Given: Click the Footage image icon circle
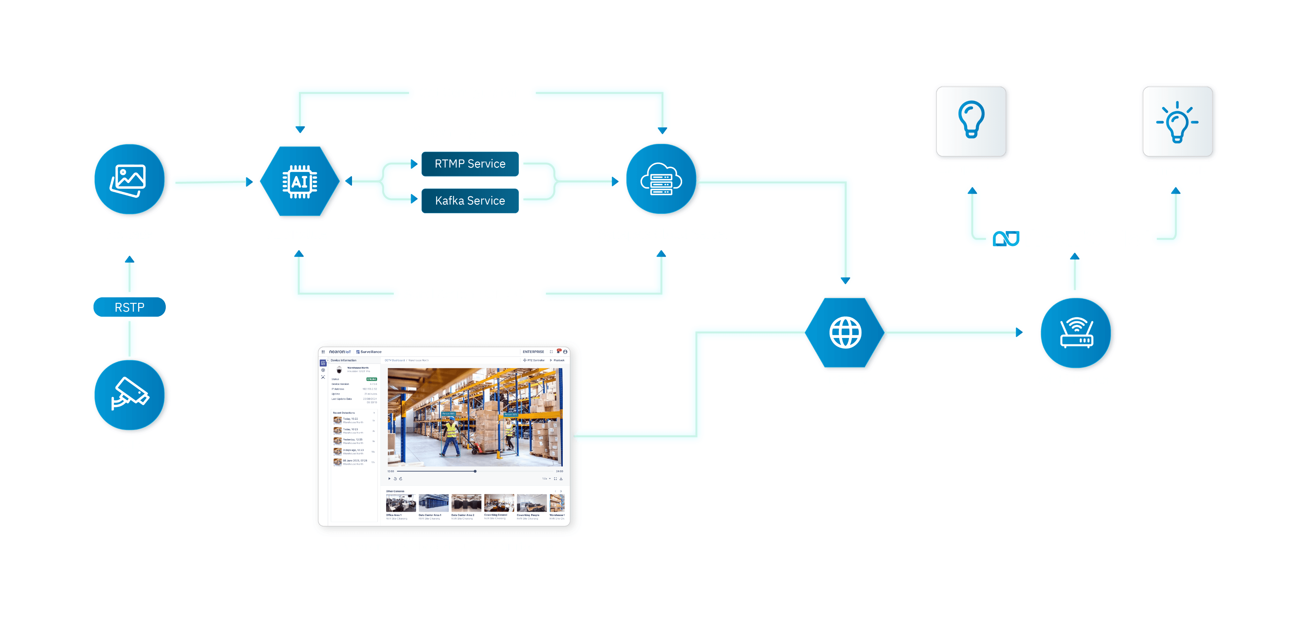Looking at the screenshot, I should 129,180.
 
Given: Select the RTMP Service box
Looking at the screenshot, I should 470,163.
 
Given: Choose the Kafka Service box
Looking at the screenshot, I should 470,200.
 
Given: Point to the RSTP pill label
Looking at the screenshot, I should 129,307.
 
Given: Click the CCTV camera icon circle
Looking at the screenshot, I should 130,395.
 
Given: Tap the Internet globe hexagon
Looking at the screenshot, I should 845,333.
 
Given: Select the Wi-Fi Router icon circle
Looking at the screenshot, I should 1076,333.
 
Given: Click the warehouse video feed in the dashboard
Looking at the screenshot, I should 474,417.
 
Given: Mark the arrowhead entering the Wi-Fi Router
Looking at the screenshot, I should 1019,333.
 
